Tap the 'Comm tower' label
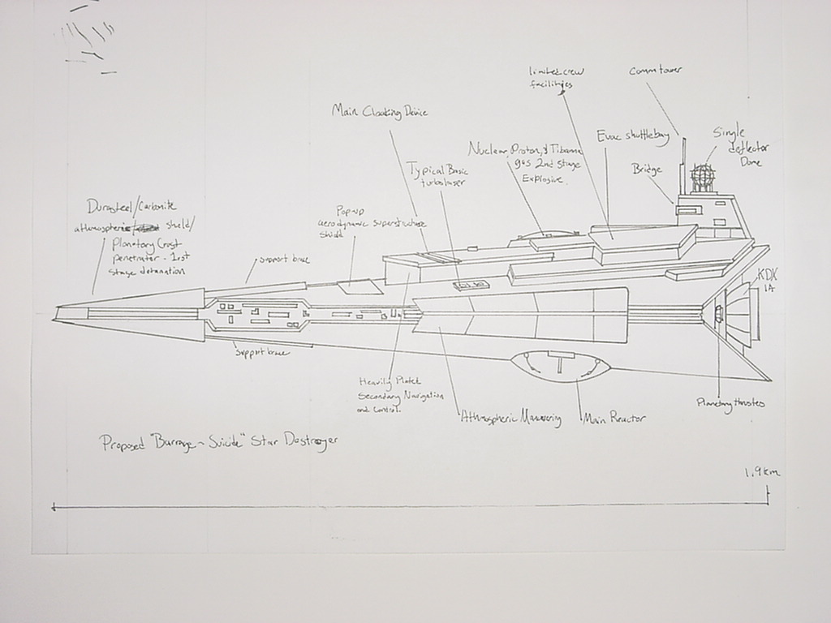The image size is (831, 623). (656, 71)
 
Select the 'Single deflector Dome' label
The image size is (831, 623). (741, 147)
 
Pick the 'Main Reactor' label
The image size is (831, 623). (615, 419)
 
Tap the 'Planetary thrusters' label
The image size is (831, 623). (730, 403)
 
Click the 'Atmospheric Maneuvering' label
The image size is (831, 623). (510, 419)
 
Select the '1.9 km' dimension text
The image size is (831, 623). (761, 471)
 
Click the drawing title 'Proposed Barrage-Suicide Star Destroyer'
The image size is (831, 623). (217, 443)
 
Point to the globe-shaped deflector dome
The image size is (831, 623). (703, 176)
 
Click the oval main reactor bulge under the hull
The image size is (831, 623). (562, 366)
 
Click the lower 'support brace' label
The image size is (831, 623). (261, 352)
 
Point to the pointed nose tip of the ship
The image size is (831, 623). (57, 312)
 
